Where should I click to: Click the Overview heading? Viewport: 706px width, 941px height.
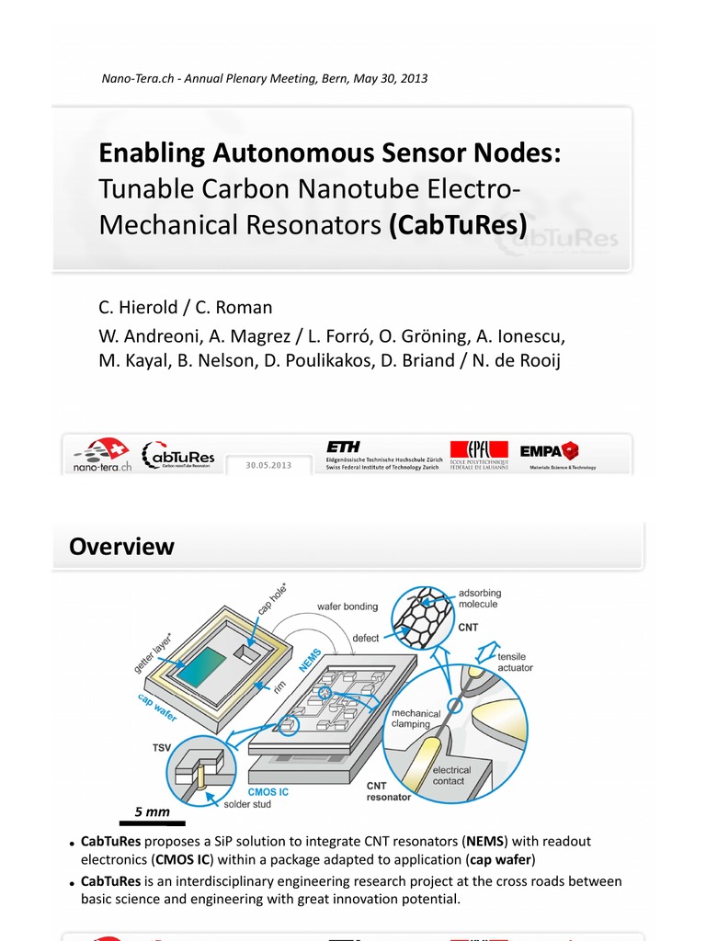point(121,547)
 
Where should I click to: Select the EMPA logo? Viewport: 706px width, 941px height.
point(549,450)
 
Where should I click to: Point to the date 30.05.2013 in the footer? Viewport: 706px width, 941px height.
point(268,465)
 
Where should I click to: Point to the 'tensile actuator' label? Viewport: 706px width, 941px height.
point(515,663)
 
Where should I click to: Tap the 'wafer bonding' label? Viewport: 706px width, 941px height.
point(347,607)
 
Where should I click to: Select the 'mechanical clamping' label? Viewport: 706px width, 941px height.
point(416,719)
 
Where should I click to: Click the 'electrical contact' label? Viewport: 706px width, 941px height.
point(451,776)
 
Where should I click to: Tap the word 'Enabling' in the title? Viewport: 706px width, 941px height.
point(151,153)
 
